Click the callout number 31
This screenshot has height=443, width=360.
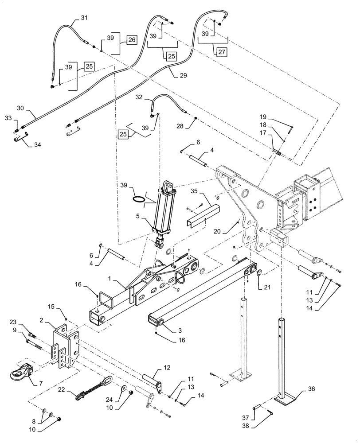point(84,18)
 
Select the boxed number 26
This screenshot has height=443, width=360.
point(132,40)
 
